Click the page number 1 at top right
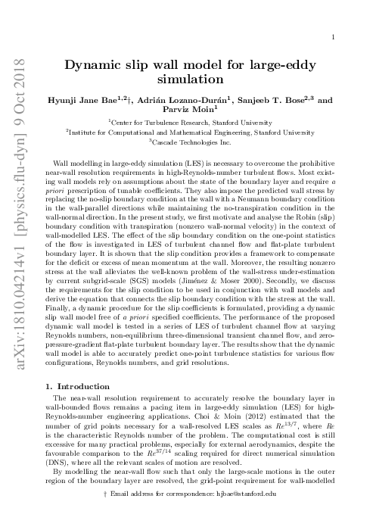(334, 36)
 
